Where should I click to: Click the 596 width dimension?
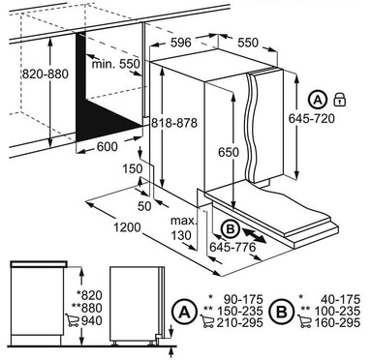click(181, 43)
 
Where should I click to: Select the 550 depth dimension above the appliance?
click(248, 43)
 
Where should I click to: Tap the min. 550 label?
click(116, 64)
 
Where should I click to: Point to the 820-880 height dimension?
click(46, 75)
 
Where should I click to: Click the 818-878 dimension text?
click(174, 123)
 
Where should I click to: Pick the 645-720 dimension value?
click(311, 119)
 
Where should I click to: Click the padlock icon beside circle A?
click(339, 99)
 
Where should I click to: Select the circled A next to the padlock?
click(318, 100)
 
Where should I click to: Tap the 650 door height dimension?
click(229, 152)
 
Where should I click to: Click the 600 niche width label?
click(108, 147)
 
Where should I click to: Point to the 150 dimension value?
click(133, 168)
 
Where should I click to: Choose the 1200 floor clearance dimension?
click(127, 227)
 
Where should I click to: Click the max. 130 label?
click(183, 228)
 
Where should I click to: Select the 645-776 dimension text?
click(232, 248)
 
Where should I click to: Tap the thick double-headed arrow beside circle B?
click(254, 235)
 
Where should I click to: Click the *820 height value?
click(89, 295)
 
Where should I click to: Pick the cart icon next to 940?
click(72, 320)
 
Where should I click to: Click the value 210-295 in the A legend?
click(239, 322)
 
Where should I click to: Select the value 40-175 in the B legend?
click(340, 299)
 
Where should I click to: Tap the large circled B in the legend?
click(282, 312)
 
